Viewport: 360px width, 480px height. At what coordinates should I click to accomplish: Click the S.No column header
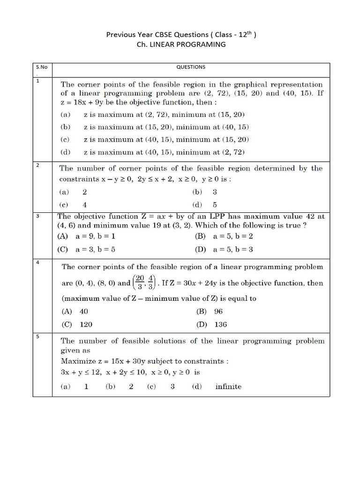tap(41, 67)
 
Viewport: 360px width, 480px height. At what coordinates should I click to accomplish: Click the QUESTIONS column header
tap(191, 67)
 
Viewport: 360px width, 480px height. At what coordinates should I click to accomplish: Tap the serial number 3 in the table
tap(37, 216)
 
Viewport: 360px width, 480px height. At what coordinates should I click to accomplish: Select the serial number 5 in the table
tap(37, 336)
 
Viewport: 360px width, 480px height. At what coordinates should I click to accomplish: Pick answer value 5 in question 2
tap(215, 204)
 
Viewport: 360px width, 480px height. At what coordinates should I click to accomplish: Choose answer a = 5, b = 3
tap(232, 249)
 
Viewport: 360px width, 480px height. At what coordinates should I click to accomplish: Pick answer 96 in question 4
tap(218, 311)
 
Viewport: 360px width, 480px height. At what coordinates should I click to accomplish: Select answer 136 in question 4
tap(221, 324)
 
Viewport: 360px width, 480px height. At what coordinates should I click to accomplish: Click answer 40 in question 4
tap(84, 311)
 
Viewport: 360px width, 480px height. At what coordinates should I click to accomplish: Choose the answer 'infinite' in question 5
tap(228, 387)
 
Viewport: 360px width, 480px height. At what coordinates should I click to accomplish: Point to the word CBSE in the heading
tap(159, 34)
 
